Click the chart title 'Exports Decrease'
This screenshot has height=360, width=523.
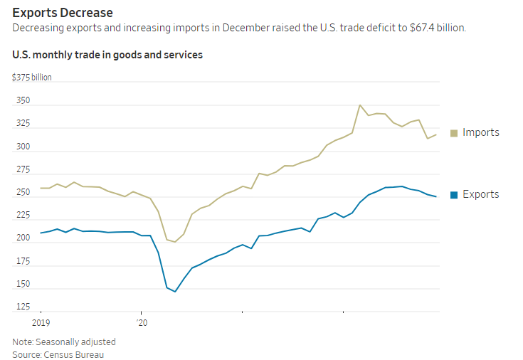point(63,13)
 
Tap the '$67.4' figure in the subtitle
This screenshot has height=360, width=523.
point(430,28)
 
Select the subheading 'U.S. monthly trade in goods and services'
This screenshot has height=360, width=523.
point(107,55)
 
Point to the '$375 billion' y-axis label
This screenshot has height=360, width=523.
point(32,77)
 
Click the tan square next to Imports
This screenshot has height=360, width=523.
point(453,133)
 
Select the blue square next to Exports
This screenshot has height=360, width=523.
point(453,195)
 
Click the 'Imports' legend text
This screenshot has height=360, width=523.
point(481,132)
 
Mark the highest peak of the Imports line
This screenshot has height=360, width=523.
point(360,105)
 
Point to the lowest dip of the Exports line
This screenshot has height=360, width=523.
point(175,292)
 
